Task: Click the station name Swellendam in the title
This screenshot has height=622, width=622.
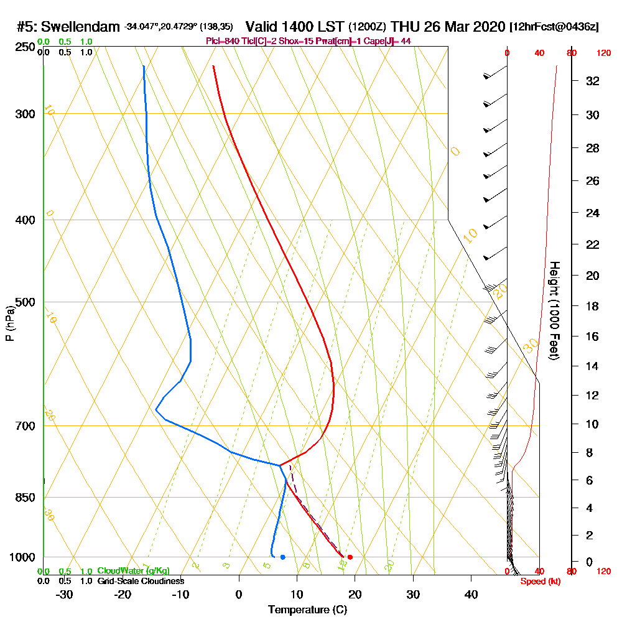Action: [x=80, y=27]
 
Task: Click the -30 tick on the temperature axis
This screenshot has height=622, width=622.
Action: [x=65, y=594]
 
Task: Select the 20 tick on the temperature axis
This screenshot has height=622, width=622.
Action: [x=355, y=594]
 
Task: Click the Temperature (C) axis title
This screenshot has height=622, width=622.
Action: [x=307, y=610]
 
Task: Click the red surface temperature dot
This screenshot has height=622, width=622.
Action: [x=350, y=557]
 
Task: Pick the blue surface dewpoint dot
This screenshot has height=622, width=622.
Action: [x=283, y=557]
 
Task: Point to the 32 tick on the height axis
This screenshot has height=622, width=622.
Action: [x=593, y=81]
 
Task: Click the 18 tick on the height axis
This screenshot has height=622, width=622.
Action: [x=593, y=306]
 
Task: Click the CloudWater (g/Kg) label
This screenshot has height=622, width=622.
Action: [x=133, y=571]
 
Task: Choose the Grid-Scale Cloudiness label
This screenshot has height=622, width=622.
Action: [x=140, y=581]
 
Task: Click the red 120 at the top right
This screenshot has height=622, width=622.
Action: [x=603, y=53]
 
